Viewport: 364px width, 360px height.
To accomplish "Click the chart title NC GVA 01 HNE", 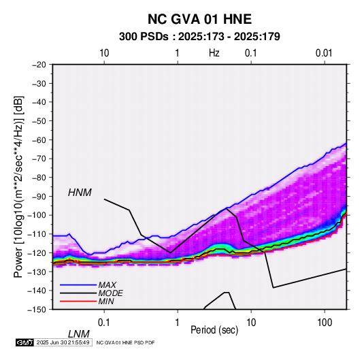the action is point(199,19).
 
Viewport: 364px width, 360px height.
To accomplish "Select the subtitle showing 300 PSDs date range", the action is point(199,37).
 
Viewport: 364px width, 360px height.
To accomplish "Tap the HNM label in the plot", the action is point(80,193).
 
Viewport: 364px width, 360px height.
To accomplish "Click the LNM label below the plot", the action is point(79,334).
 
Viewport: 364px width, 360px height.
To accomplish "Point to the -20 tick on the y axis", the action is point(39,65).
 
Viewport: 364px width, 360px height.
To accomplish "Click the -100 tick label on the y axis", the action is point(37,215).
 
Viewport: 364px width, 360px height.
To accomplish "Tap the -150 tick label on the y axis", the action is point(37,310).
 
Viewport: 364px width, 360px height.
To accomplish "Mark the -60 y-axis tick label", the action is point(39,140).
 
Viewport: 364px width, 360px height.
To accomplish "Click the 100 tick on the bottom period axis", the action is point(325,323).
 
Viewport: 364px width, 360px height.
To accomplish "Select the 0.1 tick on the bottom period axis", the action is point(104,323).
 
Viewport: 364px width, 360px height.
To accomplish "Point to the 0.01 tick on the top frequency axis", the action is point(324,53).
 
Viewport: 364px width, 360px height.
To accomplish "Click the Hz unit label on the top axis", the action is point(214,53).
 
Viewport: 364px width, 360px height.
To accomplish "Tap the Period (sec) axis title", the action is point(214,330).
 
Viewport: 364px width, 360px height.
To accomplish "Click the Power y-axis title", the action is point(18,186).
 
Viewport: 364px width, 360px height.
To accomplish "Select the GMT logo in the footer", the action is point(25,342).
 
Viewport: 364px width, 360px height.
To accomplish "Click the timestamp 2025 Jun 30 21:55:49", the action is point(63,342).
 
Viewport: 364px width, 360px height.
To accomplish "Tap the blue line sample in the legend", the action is point(78,285).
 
